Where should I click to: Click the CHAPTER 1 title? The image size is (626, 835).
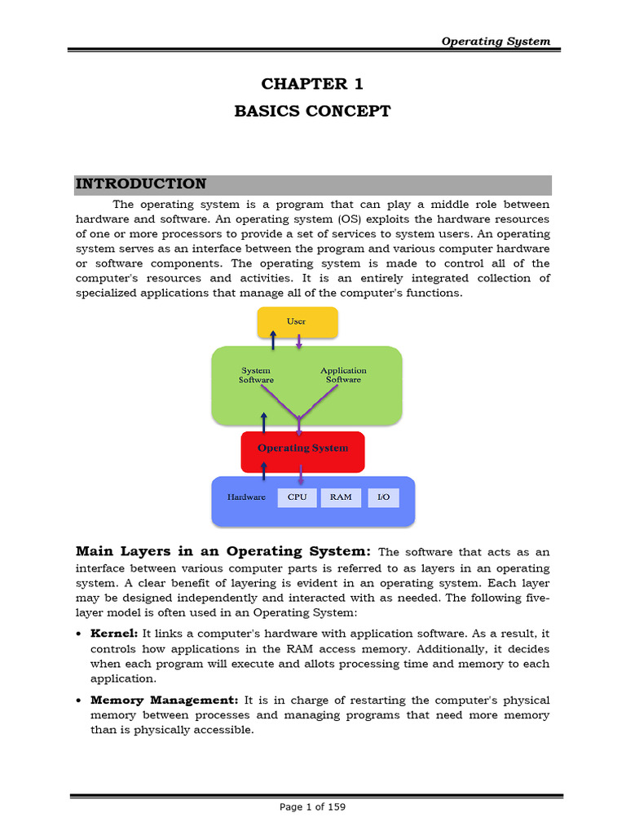[x=313, y=84]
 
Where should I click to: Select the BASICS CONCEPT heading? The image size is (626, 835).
[x=313, y=111]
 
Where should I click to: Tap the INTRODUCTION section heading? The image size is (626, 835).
[x=141, y=184]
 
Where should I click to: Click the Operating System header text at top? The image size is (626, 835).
[x=496, y=41]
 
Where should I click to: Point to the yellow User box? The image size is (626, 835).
[x=297, y=322]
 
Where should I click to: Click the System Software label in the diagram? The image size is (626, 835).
[x=256, y=375]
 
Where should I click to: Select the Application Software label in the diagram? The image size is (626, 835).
[x=343, y=375]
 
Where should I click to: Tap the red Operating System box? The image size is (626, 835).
[x=302, y=448]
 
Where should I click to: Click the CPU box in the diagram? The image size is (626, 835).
[x=298, y=497]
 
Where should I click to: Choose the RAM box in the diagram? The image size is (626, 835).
[x=341, y=497]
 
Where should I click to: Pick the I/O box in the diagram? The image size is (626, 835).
[x=383, y=497]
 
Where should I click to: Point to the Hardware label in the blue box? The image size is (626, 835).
[x=245, y=497]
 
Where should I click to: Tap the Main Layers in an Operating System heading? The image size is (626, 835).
[x=224, y=552]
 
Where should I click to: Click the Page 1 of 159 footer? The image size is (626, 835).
[x=313, y=807]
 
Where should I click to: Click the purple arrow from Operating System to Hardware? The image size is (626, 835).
[x=302, y=474]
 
